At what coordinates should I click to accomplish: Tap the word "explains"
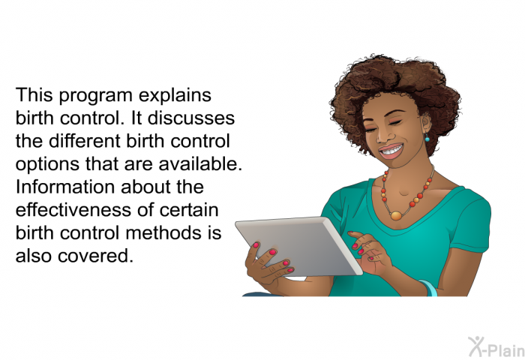(175, 95)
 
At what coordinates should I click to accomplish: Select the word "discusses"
(190, 118)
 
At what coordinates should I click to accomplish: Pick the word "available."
(200, 164)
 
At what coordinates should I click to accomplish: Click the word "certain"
(189, 210)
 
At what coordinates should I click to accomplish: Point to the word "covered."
(95, 256)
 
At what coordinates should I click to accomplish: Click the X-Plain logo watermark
(496, 346)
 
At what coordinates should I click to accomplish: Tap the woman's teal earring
(427, 137)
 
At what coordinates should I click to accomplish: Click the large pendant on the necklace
(396, 216)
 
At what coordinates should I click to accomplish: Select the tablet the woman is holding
(298, 247)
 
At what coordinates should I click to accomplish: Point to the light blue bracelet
(429, 288)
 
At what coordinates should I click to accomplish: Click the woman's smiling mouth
(391, 151)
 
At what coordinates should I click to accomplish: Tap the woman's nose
(382, 135)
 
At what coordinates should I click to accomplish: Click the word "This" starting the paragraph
(34, 95)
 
